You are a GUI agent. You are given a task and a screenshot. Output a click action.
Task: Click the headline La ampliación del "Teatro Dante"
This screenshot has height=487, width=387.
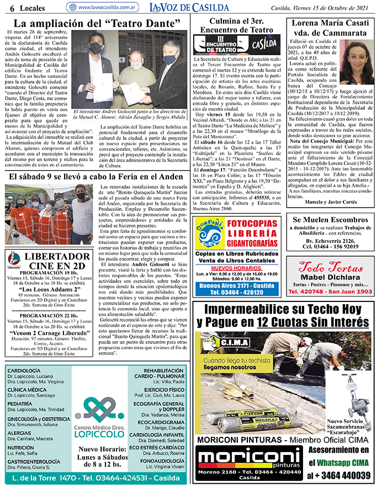[x=97, y=24]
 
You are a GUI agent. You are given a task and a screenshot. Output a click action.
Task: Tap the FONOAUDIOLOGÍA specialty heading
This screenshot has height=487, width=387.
[x=162, y=460]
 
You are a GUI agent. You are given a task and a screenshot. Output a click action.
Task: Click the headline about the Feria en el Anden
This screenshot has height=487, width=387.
[x=94, y=177]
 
